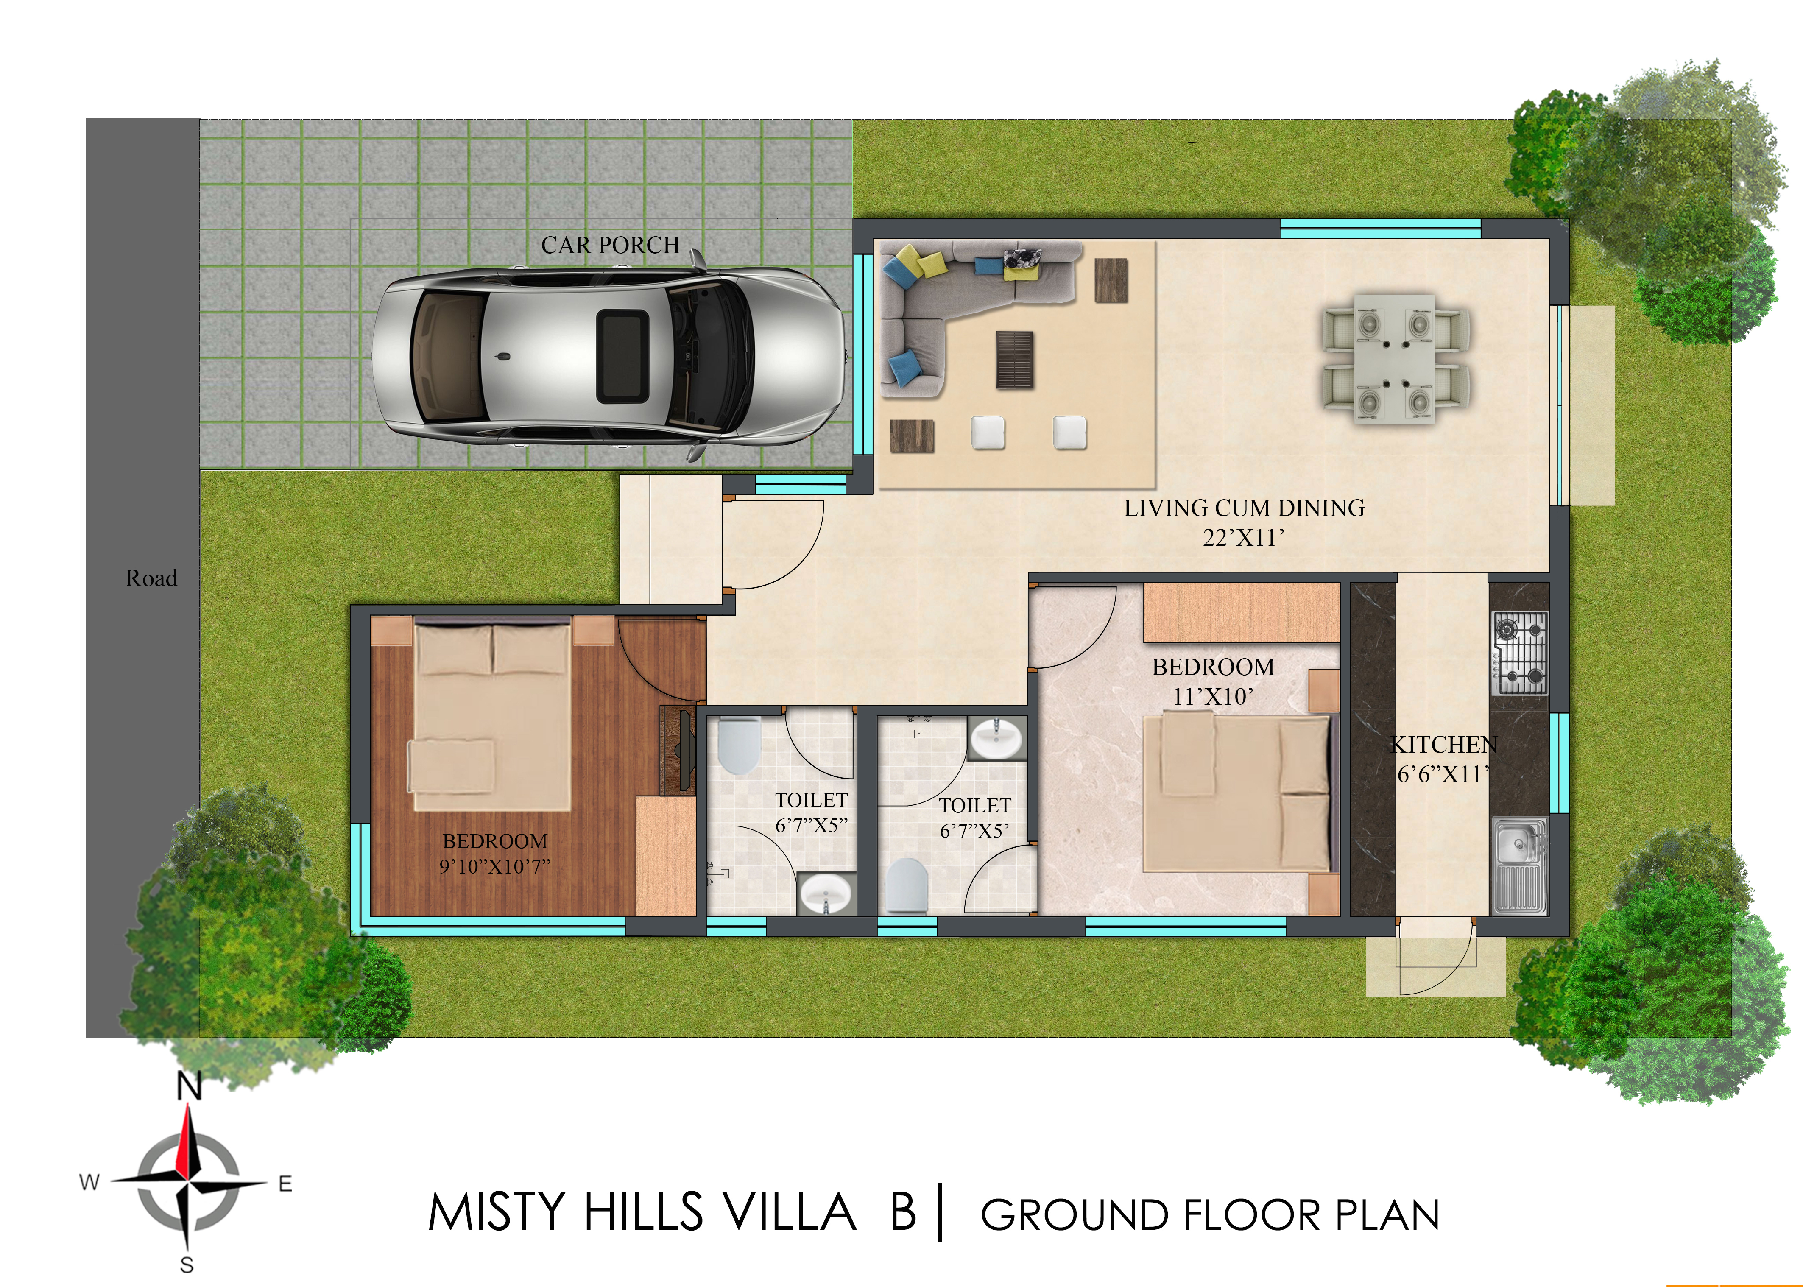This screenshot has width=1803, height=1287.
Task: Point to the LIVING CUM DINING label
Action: click(x=1244, y=508)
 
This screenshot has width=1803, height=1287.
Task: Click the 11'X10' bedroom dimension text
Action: click(x=1213, y=697)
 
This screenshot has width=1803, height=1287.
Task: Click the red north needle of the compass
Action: click(x=188, y=1141)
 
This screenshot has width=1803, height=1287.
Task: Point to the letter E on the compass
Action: click(x=285, y=1184)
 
